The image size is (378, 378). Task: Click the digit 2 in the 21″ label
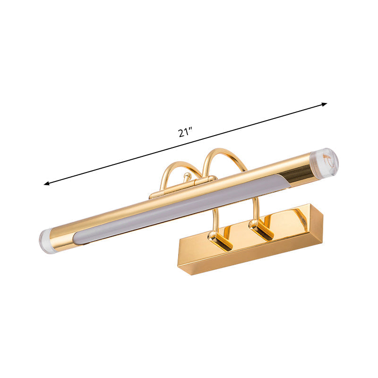(x=181, y=133)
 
